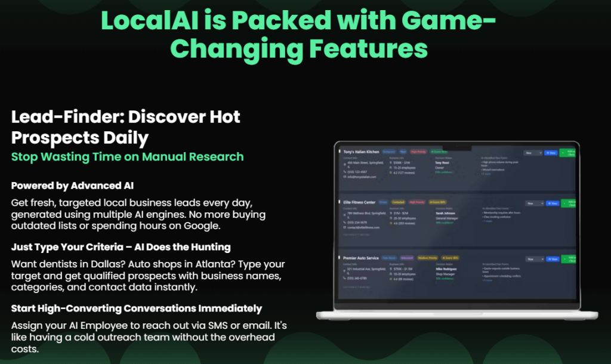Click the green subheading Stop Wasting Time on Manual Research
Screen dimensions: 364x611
point(127,157)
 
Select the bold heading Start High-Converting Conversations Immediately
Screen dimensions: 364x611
point(137,308)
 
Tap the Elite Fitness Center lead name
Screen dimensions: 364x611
point(359,202)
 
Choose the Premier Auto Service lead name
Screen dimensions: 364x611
point(360,258)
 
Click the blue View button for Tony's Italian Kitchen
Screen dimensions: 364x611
point(551,153)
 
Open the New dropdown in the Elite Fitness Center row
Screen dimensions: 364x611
point(533,203)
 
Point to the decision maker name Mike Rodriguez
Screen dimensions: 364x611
point(446,269)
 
